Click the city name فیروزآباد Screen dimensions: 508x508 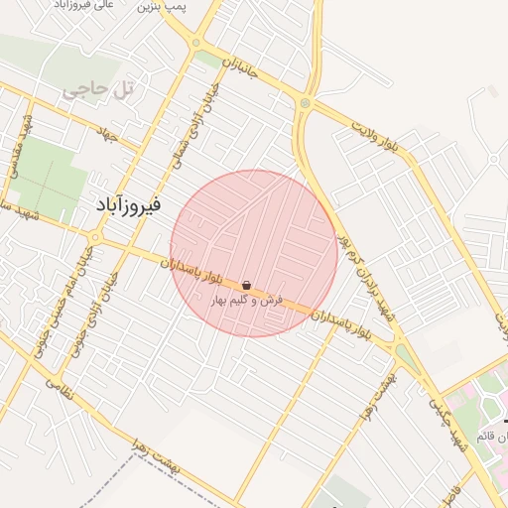pyautogui.click(x=130, y=203)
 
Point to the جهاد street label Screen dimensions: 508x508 pyautogui.click(x=107, y=131)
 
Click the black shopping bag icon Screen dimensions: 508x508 pyautogui.click(x=245, y=286)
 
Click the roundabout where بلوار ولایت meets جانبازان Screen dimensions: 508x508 pyautogui.click(x=305, y=103)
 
